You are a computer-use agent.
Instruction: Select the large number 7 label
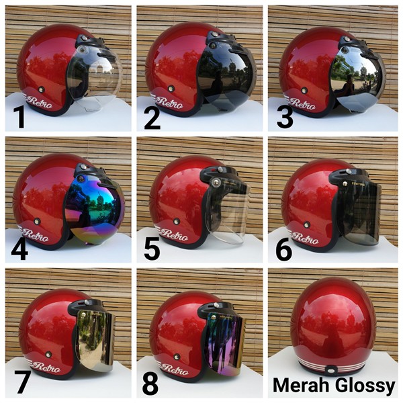point(23,382)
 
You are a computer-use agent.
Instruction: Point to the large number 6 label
point(283,249)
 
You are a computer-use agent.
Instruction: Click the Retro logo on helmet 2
point(169,103)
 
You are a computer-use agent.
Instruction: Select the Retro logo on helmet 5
point(174,234)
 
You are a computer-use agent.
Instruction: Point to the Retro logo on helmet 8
point(174,369)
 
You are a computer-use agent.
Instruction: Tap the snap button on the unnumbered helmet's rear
point(331,370)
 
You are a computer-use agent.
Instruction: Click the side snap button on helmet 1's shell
point(41,90)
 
